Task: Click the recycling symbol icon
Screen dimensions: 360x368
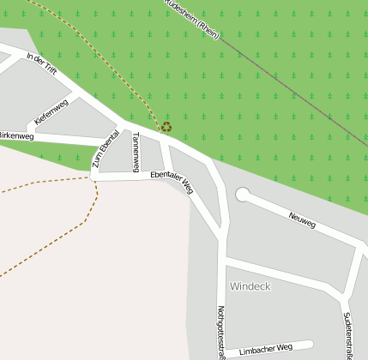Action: click(x=166, y=127)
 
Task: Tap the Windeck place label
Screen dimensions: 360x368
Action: click(x=249, y=285)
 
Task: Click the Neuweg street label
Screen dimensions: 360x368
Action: click(x=302, y=220)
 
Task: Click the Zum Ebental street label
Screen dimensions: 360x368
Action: click(x=106, y=150)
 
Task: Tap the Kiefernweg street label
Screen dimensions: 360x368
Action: click(x=51, y=113)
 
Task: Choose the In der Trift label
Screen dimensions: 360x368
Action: click(x=41, y=64)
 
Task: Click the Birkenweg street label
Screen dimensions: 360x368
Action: click(x=15, y=135)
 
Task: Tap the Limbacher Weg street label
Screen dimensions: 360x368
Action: click(x=266, y=350)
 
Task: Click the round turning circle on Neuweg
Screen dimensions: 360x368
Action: click(x=242, y=195)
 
